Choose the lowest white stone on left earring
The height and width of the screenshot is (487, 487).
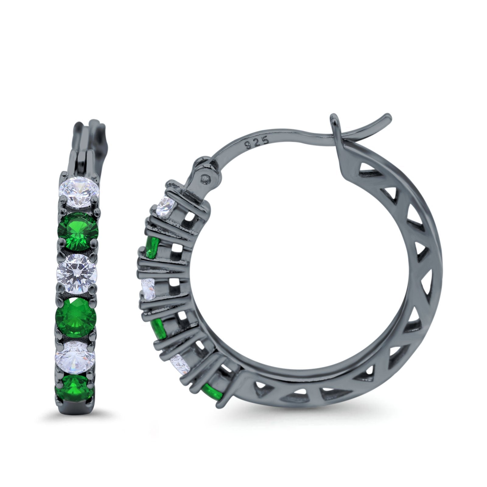point(75,346)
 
